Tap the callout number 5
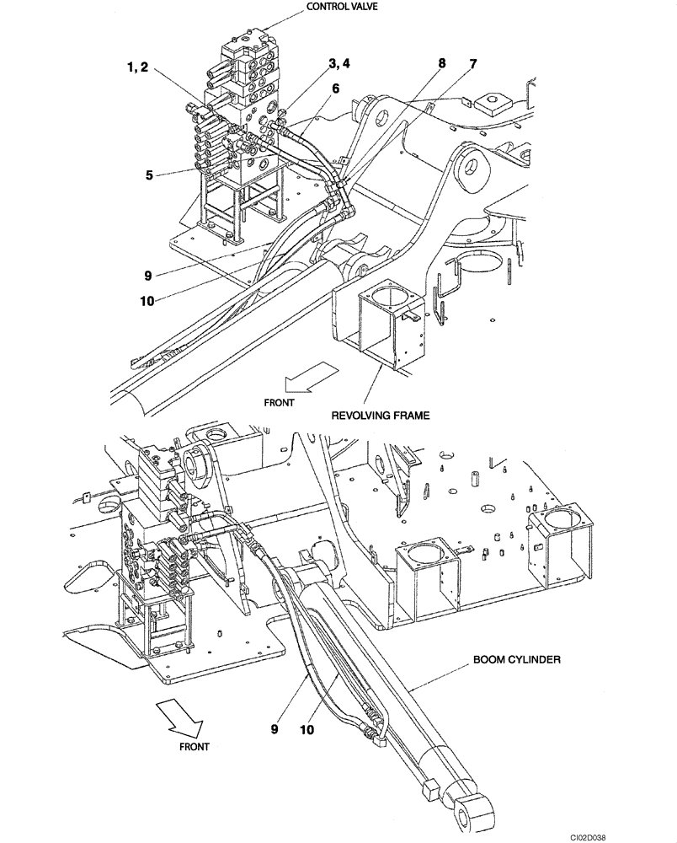(x=148, y=176)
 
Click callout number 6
(x=334, y=87)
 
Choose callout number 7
(x=473, y=64)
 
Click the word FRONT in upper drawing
(x=279, y=403)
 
